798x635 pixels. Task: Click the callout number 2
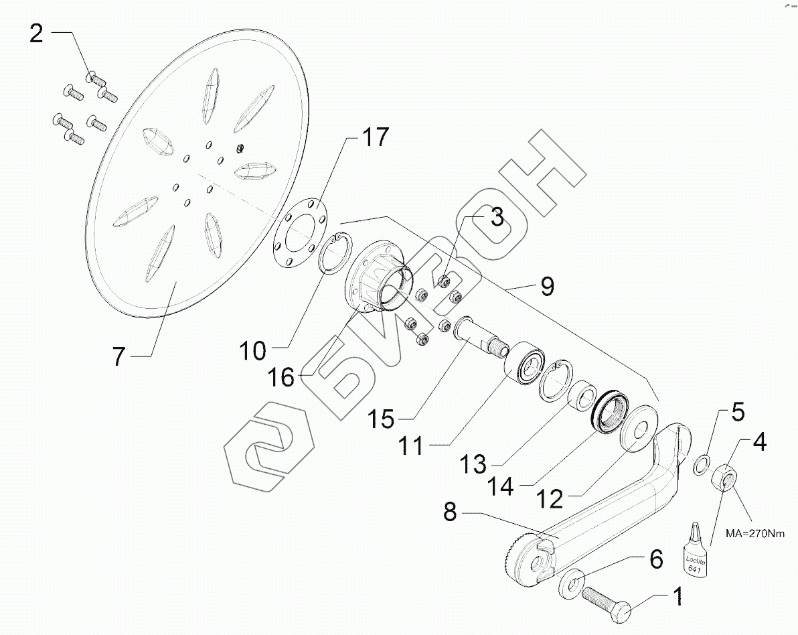tap(36, 32)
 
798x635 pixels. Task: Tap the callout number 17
tap(374, 138)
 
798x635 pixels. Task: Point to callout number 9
tap(547, 287)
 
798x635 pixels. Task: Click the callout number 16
tap(282, 377)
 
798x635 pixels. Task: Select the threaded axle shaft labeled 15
tap(479, 338)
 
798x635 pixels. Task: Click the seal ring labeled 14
tap(608, 414)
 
